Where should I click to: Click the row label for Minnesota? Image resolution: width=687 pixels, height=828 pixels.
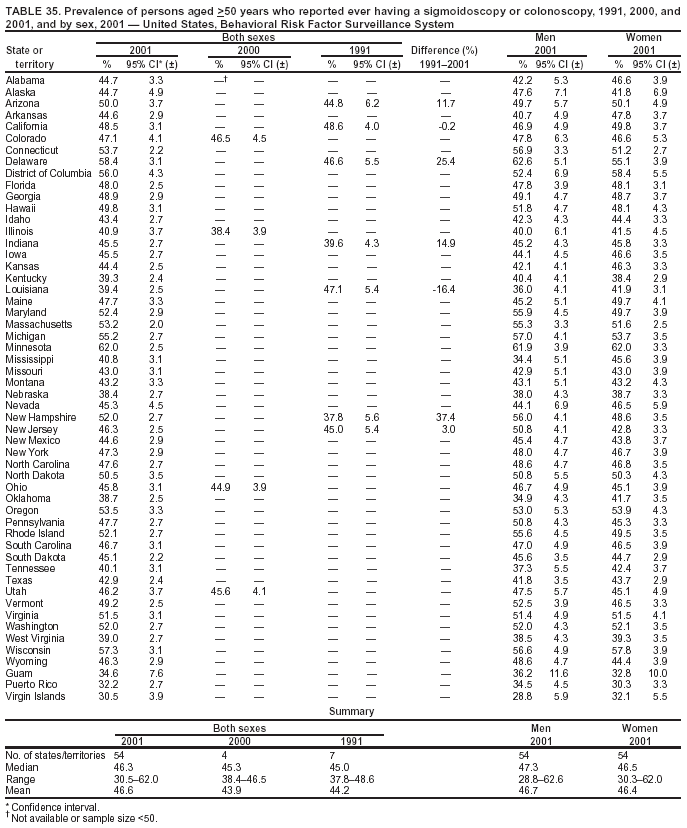click(x=30, y=346)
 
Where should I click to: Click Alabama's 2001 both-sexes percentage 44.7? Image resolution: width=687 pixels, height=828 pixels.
click(x=109, y=79)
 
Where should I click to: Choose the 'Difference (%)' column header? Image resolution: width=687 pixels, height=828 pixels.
click(x=444, y=50)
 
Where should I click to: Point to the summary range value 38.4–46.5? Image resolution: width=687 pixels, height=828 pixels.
click(x=232, y=778)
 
